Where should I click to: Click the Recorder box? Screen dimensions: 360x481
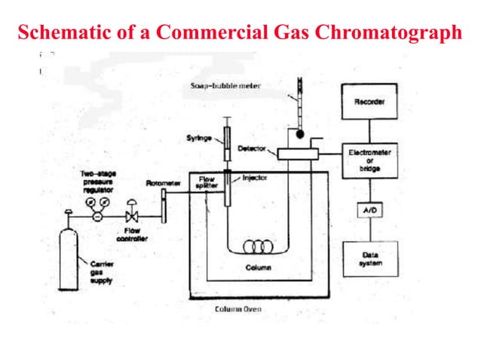[x=369, y=102]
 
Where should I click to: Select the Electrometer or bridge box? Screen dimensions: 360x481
[x=369, y=160]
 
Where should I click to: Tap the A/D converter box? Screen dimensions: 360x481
[x=369, y=212]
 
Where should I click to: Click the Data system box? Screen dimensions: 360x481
[x=369, y=259]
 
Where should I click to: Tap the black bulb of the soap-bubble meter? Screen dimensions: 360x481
[x=299, y=136]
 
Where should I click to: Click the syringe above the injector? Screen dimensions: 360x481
[x=226, y=139]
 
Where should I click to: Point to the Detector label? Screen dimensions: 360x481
[x=253, y=148]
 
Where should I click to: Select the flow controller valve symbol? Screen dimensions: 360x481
[x=132, y=212]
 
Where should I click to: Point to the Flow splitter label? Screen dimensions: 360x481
[x=207, y=182]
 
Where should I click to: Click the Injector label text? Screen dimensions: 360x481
[x=254, y=178]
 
